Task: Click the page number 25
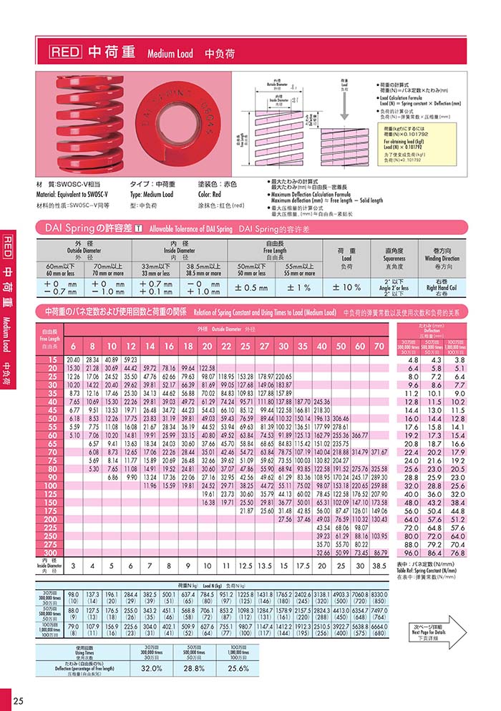coord(18,700)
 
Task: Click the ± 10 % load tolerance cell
coord(347,287)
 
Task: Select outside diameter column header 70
coord(379,346)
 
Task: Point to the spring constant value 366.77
coord(359,435)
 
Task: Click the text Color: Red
coord(213,194)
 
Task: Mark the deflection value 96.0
coord(412,553)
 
